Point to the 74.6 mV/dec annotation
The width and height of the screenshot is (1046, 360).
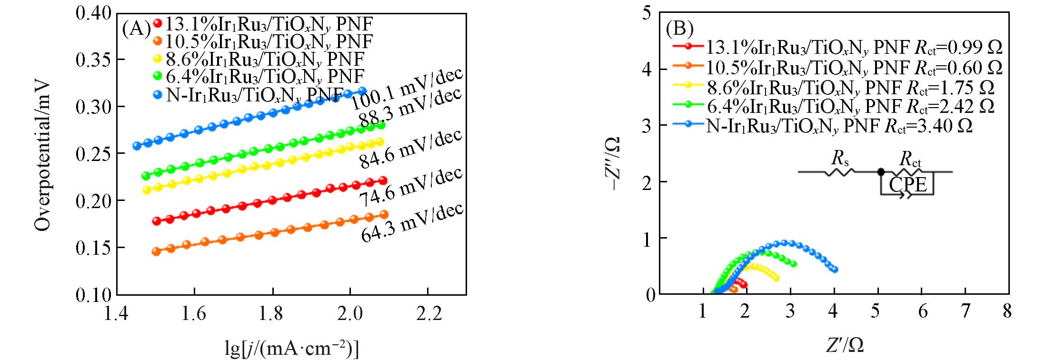[410, 187]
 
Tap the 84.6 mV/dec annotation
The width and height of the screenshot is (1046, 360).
[410, 149]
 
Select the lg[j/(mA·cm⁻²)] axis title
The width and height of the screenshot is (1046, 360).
[291, 349]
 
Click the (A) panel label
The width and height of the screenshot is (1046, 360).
[136, 30]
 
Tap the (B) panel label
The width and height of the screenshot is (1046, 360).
[679, 30]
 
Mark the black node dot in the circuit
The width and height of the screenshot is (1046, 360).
[881, 171]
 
